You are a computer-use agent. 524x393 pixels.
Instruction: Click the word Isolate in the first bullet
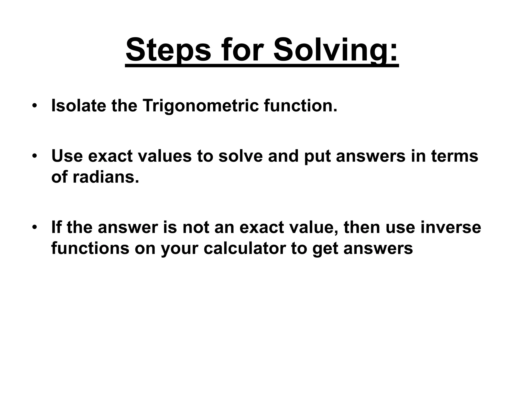79,106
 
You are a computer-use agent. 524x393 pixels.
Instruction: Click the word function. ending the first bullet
301,106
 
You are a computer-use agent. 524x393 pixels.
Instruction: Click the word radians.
106,177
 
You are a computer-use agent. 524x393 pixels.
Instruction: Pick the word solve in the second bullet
241,156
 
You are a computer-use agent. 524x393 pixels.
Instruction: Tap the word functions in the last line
90,248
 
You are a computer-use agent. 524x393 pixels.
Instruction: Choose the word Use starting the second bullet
67,156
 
